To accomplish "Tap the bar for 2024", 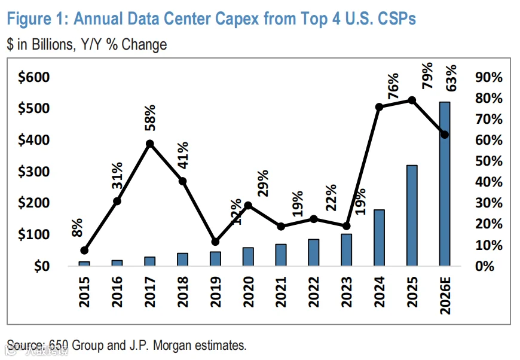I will (x=379, y=237).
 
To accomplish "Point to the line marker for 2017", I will (x=150, y=144).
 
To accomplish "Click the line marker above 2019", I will (x=216, y=242).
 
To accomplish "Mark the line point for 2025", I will (x=412, y=100).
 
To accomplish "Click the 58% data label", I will (x=149, y=118).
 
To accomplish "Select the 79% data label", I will (x=427, y=76).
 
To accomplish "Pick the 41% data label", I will (x=182, y=155).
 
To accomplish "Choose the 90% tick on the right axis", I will (x=488, y=77).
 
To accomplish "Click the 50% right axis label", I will (x=488, y=161).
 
